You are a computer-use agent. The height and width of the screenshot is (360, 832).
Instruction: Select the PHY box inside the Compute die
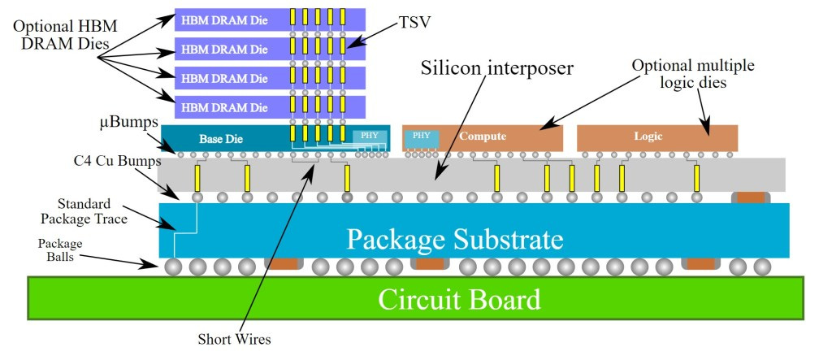421,137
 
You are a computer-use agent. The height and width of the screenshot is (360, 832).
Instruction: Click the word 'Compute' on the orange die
483,137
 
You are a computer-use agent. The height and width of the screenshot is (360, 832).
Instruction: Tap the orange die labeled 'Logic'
656,137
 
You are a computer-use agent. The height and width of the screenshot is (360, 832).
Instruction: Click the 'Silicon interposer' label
497,67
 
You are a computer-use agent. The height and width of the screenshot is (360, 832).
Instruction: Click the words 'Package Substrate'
454,239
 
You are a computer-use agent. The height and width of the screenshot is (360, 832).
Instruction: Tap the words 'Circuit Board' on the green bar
459,300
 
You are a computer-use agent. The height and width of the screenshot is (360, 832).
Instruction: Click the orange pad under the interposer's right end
752,197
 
